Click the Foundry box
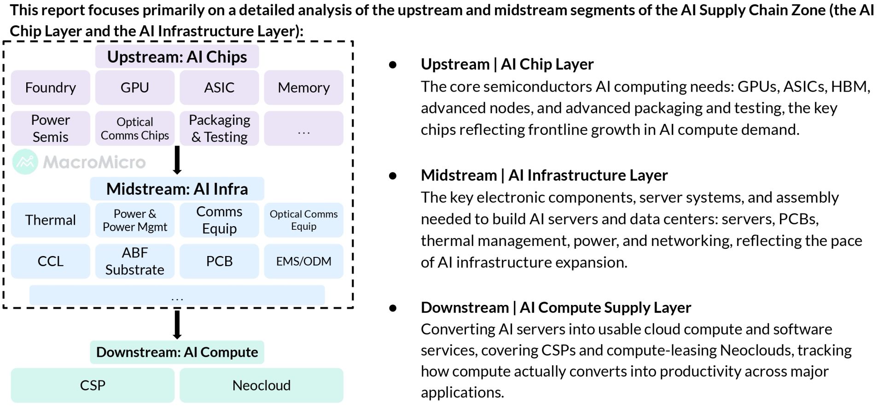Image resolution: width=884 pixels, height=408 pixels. coord(51,87)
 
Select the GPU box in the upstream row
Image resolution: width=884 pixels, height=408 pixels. coord(135,87)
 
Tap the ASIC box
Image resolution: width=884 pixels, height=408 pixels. coord(219,87)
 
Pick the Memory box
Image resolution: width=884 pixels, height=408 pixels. coord(304,87)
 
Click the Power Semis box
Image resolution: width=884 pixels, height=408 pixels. coord(51,128)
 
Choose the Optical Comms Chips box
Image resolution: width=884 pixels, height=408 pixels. coord(135,128)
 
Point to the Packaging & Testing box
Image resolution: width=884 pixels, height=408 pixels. coord(219,128)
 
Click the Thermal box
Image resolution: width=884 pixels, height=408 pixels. coord(51,220)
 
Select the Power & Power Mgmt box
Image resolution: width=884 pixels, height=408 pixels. coord(135,220)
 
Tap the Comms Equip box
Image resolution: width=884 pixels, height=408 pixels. coord(219,220)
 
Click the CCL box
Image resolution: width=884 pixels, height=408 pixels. coord(51,261)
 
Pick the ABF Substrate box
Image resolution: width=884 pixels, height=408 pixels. coord(135,261)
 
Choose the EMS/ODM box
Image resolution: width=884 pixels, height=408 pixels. coord(304,261)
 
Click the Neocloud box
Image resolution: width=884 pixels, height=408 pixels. coord(262,385)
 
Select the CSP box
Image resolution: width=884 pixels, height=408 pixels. coord(93,385)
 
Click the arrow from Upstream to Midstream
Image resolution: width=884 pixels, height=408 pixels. coord(177,160)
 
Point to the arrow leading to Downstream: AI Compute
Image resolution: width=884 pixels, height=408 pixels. coord(177,325)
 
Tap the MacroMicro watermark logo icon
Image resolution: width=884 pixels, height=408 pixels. coord(25,162)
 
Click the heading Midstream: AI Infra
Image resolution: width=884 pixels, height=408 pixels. coord(177,189)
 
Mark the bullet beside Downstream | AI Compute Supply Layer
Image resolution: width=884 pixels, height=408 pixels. coord(393,308)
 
